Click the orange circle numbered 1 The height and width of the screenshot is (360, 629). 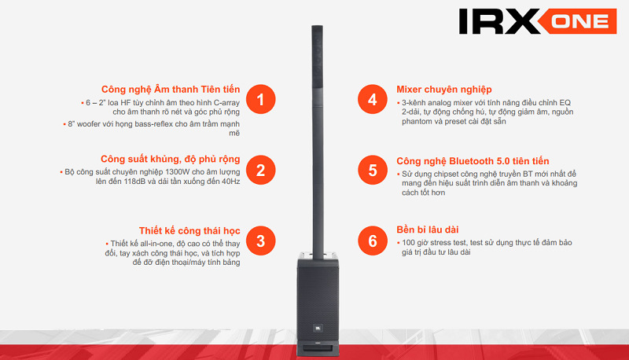click(x=261, y=99)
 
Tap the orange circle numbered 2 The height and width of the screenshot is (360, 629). click(x=261, y=170)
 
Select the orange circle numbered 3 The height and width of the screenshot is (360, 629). click(x=261, y=241)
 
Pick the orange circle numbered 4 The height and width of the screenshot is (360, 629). click(x=373, y=99)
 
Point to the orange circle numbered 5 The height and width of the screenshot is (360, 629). click(x=373, y=170)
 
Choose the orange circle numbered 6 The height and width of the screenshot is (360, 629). click(x=373, y=241)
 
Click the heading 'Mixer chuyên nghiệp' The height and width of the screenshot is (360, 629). click(x=444, y=90)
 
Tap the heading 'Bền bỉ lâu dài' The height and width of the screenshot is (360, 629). click(x=427, y=230)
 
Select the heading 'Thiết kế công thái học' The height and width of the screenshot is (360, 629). click(x=189, y=230)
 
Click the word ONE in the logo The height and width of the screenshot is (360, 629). click(x=579, y=21)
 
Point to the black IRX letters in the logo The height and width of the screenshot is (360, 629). click(x=500, y=21)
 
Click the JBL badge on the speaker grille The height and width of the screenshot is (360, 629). click(x=318, y=329)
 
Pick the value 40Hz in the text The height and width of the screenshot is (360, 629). click(x=230, y=182)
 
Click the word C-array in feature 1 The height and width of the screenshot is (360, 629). click(x=226, y=103)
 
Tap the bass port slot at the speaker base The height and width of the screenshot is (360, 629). click(x=318, y=347)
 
